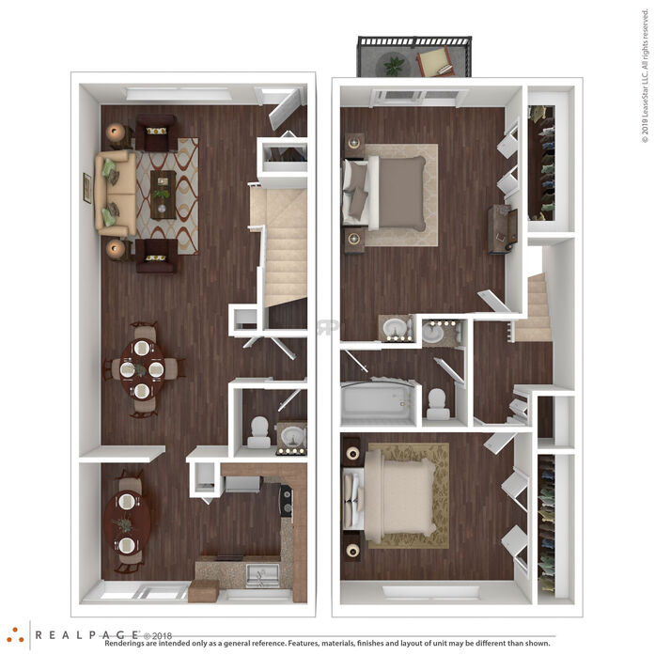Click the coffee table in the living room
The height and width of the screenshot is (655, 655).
coord(163,195)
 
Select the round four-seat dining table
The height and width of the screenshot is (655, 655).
coord(142,369)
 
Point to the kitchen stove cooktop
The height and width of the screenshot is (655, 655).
coord(286,500)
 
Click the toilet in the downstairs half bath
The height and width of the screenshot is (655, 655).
coord(259,432)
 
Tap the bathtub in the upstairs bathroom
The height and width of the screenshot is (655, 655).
coord(378,403)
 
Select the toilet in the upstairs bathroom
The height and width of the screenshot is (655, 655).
coord(438,404)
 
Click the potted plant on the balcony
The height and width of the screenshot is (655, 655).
coord(394,65)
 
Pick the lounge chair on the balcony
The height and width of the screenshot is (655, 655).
coord(436,62)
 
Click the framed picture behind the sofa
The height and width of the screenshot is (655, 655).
coord(87,188)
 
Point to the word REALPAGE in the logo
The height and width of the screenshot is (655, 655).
coord(86,635)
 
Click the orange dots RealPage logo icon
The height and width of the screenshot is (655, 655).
coord(15,635)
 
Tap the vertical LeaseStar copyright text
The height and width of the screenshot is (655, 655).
coord(646,75)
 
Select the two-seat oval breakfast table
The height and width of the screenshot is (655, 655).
coord(127,522)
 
